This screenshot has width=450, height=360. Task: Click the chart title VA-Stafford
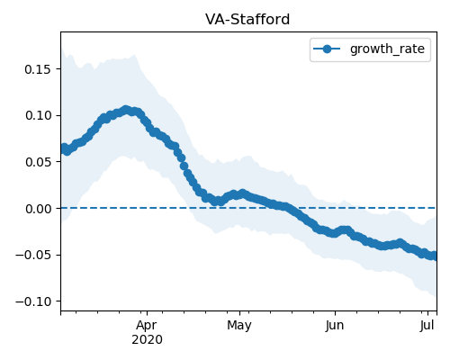click(247, 20)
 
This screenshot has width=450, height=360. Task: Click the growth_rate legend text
click(387, 49)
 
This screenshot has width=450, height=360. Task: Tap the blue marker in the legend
click(327, 49)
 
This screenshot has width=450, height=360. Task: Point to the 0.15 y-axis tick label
click(39, 69)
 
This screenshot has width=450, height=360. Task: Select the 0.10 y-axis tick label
click(39, 115)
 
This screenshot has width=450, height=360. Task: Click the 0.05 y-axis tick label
click(39, 162)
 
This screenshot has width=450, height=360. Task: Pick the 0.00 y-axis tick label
click(39, 209)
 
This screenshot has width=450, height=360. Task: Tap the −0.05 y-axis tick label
click(33, 255)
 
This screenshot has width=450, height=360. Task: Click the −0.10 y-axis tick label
click(33, 301)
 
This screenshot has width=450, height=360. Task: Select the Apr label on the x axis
click(147, 326)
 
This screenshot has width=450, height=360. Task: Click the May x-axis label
click(239, 326)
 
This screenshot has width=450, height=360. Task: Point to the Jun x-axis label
click(335, 326)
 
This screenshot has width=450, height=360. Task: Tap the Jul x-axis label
click(427, 326)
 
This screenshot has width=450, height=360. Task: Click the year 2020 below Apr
click(147, 340)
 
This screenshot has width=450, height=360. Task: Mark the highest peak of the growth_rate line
click(126, 110)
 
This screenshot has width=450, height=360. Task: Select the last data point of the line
click(435, 256)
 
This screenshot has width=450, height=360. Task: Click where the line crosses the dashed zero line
click(292, 208)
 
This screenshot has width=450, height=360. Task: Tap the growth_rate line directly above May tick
click(239, 194)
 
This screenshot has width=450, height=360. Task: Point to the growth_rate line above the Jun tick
click(335, 233)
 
